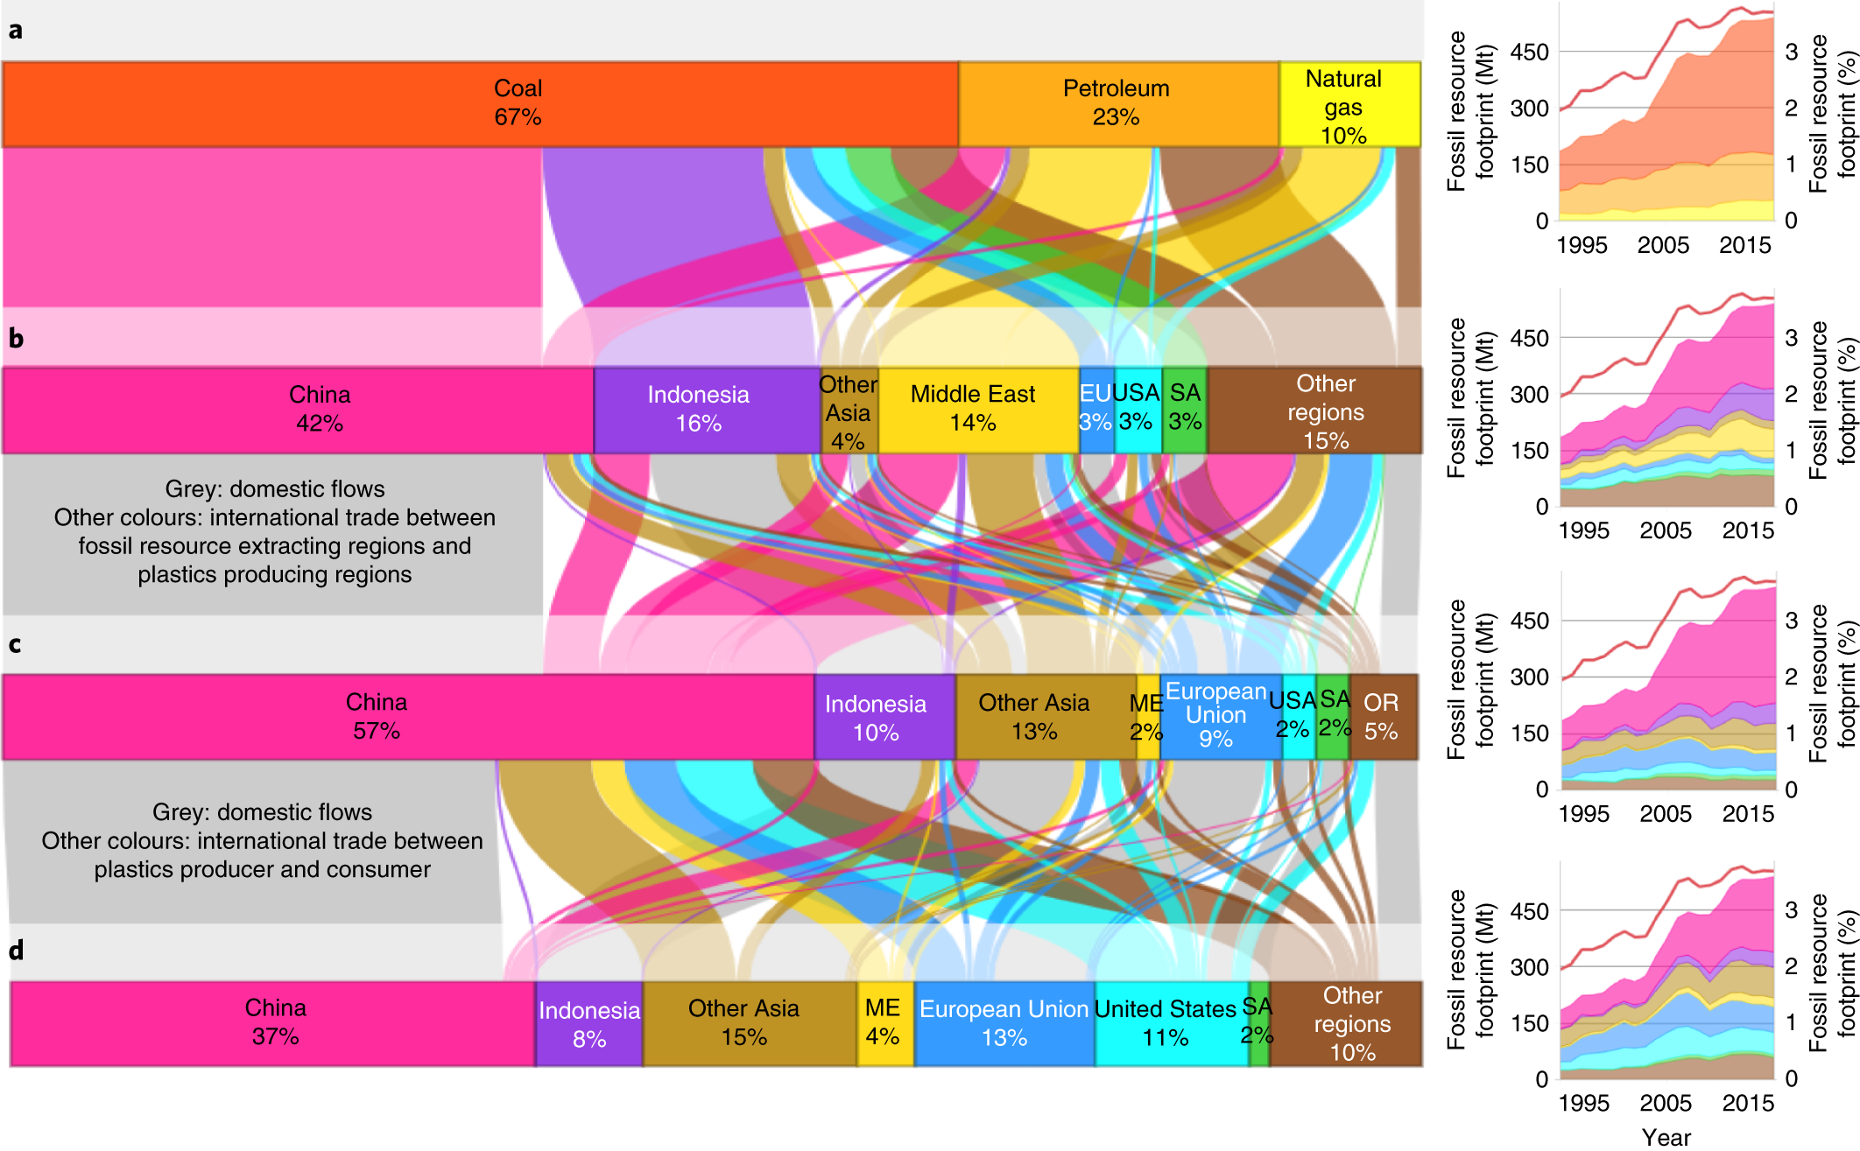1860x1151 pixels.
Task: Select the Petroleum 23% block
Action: point(1117,103)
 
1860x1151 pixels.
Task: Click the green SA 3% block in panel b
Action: point(1184,410)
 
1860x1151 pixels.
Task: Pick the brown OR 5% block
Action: point(1383,716)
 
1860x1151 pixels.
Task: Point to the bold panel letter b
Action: point(16,338)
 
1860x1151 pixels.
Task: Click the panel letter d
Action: point(16,950)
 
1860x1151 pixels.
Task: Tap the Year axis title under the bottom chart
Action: point(1666,1136)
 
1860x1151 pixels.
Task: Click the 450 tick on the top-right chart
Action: point(1529,53)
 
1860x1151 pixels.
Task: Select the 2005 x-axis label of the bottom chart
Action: point(1665,1103)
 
